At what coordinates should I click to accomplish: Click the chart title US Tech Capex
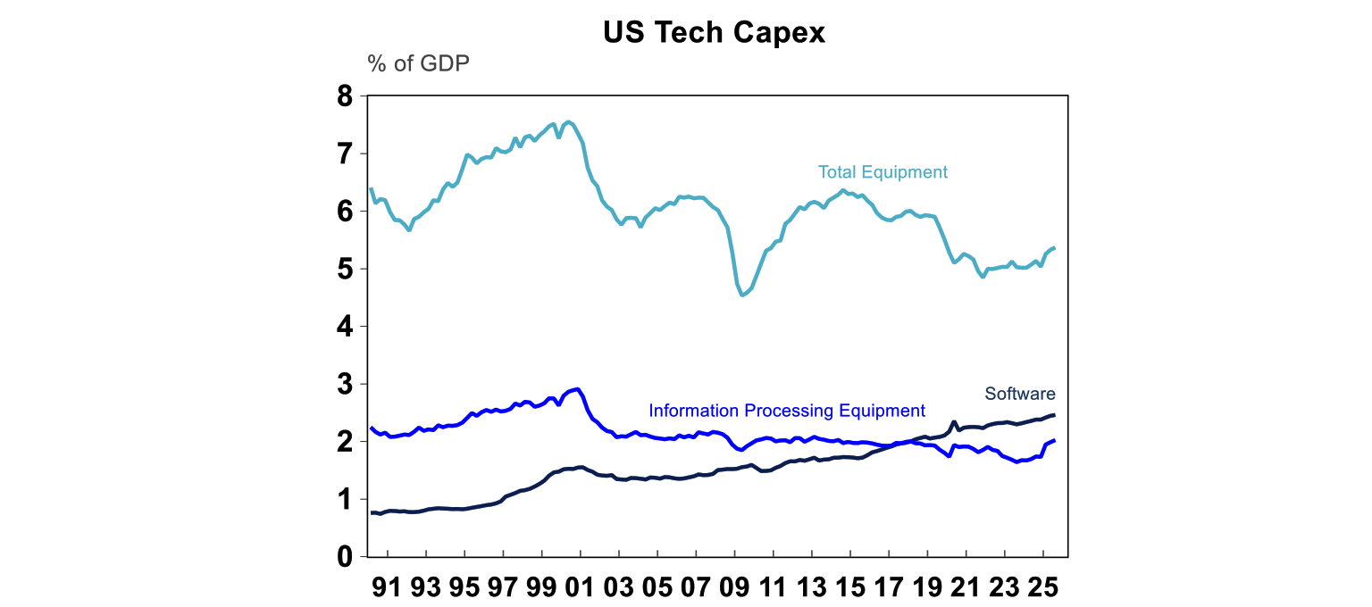(x=714, y=32)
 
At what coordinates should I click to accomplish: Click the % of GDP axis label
(x=418, y=64)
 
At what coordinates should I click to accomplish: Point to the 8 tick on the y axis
(x=345, y=96)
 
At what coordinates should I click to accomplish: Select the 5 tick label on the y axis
(x=345, y=269)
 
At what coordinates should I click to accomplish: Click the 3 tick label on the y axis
(x=345, y=384)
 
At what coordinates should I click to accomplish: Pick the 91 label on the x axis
(x=388, y=590)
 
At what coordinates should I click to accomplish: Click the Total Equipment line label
(x=883, y=172)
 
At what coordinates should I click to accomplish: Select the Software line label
(x=1020, y=394)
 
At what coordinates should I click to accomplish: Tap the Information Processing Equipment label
(x=787, y=411)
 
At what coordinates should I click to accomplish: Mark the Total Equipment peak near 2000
(x=569, y=121)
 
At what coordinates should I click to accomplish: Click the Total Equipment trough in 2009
(x=742, y=295)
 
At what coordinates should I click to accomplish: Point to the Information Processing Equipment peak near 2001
(x=578, y=389)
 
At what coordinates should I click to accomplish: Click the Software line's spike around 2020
(x=954, y=422)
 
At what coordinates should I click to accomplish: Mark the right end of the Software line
(x=1055, y=415)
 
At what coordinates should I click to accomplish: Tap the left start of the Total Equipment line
(x=371, y=188)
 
